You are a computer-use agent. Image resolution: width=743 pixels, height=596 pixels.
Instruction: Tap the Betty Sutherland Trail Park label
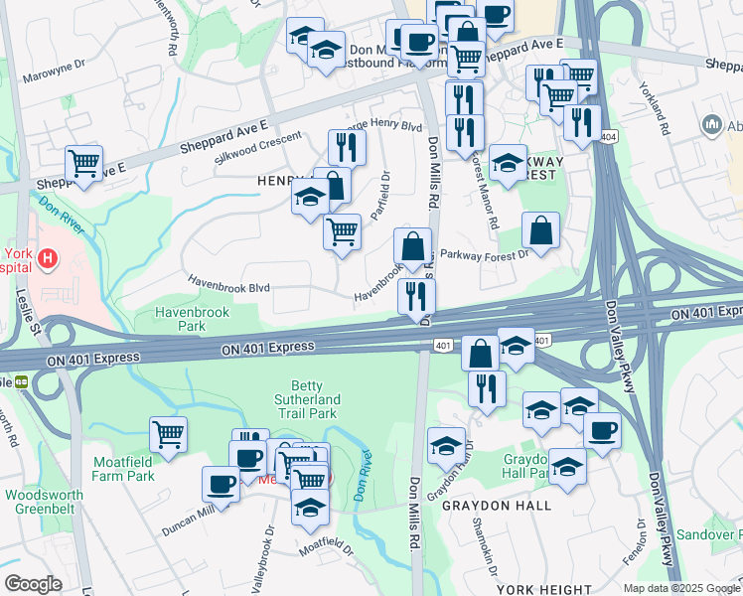[x=315, y=399]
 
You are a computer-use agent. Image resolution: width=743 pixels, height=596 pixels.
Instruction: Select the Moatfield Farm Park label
[x=124, y=469]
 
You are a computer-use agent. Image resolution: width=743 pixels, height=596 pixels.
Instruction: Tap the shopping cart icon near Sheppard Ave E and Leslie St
[x=84, y=163]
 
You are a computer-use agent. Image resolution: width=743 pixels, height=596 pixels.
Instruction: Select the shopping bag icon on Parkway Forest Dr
[x=540, y=230]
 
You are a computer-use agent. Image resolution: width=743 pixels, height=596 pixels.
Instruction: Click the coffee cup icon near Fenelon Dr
[x=601, y=431]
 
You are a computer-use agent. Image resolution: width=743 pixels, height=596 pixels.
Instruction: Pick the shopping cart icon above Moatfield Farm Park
[x=169, y=434]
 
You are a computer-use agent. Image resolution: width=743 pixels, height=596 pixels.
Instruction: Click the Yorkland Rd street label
[x=656, y=107]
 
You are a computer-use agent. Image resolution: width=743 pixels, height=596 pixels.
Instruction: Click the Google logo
[x=33, y=584]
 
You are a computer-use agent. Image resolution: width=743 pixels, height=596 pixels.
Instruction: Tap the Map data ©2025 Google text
[x=680, y=587]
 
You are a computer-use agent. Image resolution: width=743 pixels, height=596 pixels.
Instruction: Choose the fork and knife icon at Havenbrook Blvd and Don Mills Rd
[x=416, y=296]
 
